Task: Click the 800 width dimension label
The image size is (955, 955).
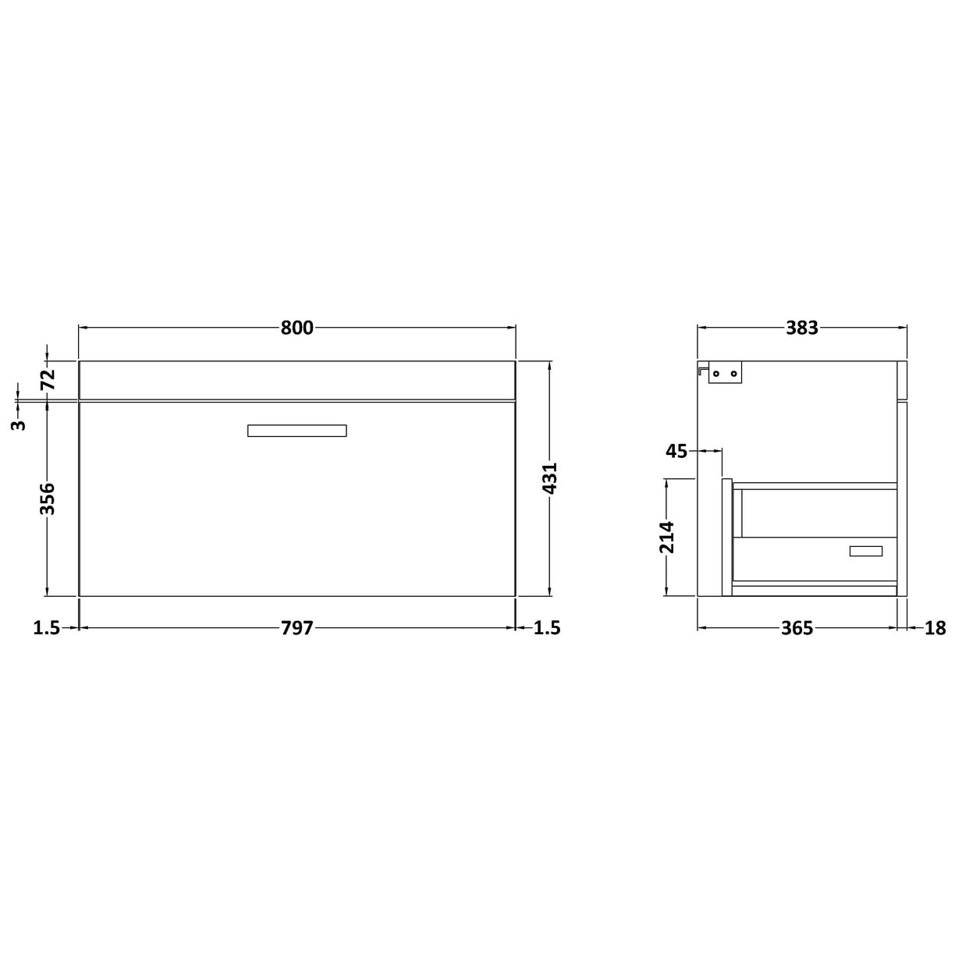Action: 296,328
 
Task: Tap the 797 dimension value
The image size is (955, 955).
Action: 296,628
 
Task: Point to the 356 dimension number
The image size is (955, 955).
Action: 47,499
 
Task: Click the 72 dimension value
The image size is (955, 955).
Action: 47,380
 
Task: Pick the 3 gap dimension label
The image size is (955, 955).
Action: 20,424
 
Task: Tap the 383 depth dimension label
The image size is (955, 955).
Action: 801,328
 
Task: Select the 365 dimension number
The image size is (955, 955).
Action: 797,628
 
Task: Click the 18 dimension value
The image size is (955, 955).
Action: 935,628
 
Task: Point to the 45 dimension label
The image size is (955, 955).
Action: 676,451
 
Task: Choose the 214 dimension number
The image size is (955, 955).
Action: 668,537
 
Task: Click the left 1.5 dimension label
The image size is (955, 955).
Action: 47,628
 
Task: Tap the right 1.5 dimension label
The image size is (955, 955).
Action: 547,628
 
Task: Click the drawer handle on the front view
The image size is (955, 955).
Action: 296,431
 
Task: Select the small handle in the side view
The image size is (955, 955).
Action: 865,552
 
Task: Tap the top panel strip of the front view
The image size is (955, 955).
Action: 296,381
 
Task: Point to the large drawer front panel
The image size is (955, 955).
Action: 296,515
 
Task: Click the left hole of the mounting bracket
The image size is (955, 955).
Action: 715,375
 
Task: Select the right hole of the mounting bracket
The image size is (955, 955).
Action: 733,375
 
